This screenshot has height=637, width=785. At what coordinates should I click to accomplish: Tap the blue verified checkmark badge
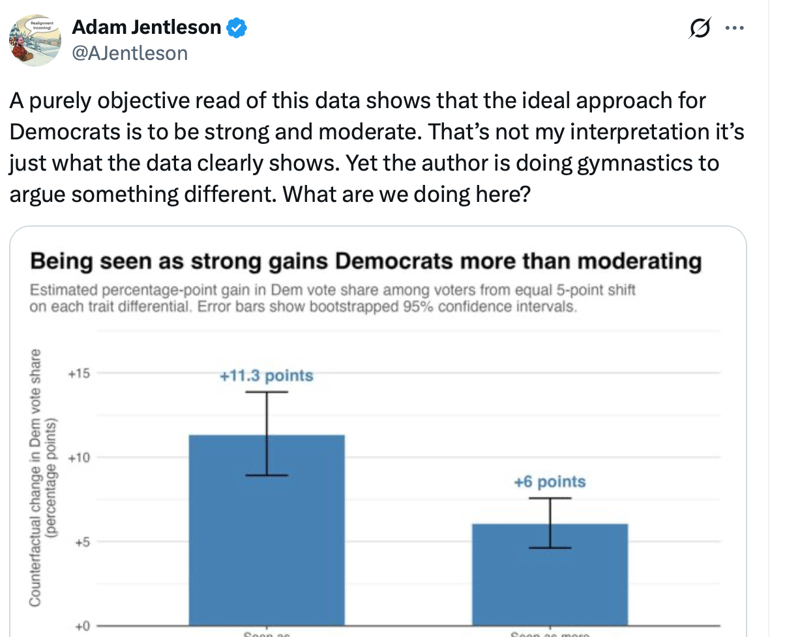236,28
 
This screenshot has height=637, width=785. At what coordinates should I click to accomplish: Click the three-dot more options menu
735,28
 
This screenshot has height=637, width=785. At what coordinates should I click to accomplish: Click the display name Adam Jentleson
146,27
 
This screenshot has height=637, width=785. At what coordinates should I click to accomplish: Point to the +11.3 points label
266,376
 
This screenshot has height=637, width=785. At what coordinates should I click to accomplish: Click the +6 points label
550,482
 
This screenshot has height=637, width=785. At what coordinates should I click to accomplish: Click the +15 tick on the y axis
79,374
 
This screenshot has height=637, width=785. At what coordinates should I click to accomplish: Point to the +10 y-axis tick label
79,457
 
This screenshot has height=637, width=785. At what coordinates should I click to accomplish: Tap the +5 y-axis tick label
81,542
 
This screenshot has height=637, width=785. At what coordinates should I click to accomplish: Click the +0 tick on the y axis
81,626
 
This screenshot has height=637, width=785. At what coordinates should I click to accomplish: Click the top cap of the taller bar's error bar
267,392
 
